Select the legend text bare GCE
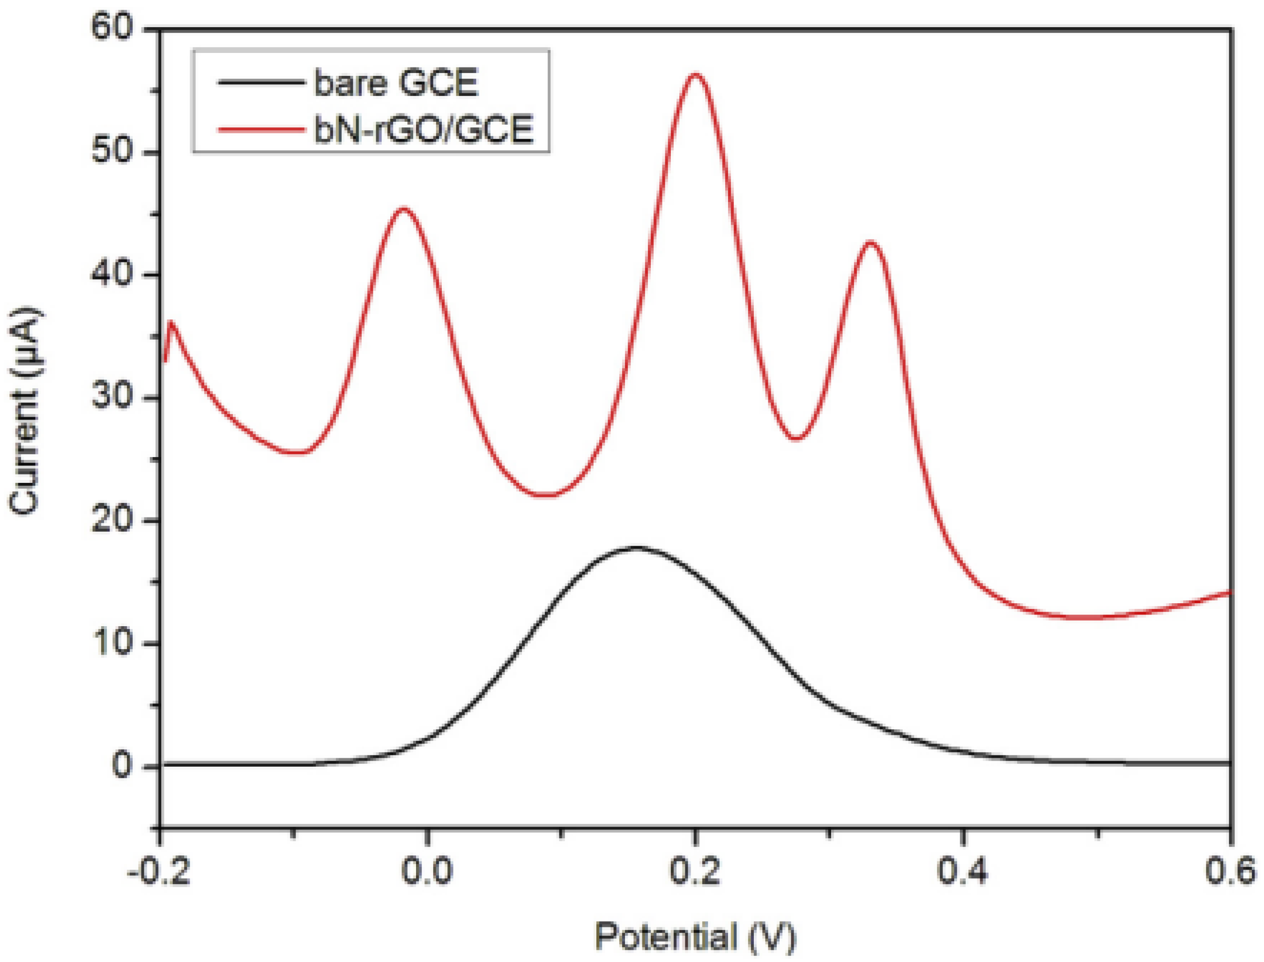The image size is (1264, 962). tap(396, 83)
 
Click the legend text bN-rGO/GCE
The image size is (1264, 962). tap(424, 129)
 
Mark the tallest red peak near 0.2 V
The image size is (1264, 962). tap(695, 74)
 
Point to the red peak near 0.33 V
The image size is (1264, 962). tap(870, 242)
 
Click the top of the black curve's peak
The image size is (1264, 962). tap(636, 547)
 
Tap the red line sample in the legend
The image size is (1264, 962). tap(260, 129)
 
